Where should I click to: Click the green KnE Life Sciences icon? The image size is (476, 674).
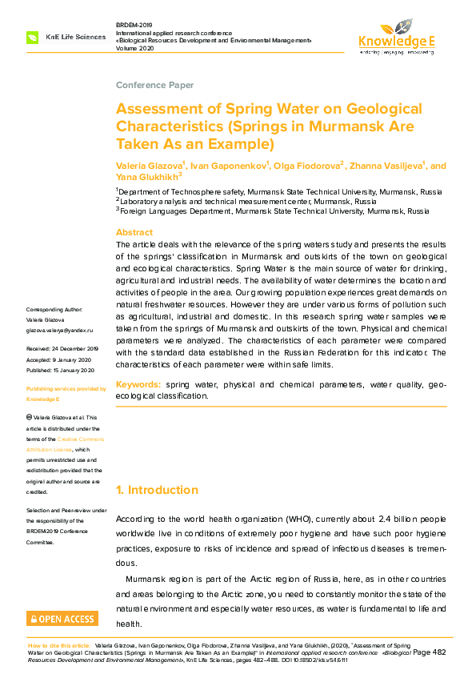click(x=33, y=37)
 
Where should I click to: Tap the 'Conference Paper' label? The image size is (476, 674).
click(x=154, y=85)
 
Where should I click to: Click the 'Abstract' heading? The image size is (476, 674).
click(x=134, y=232)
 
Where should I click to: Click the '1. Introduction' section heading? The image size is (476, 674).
click(x=158, y=490)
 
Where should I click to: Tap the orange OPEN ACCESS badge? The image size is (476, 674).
click(x=62, y=619)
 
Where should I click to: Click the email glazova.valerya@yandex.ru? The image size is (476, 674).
click(x=60, y=330)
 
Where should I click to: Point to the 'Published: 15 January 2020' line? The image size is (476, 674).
click(x=60, y=371)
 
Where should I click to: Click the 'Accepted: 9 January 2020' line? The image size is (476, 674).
click(x=59, y=360)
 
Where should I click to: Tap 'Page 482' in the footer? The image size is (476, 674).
click(x=429, y=653)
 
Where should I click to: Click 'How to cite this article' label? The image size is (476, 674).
click(x=58, y=644)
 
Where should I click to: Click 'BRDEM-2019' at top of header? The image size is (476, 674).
click(x=134, y=25)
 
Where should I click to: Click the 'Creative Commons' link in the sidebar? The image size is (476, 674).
click(x=80, y=439)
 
